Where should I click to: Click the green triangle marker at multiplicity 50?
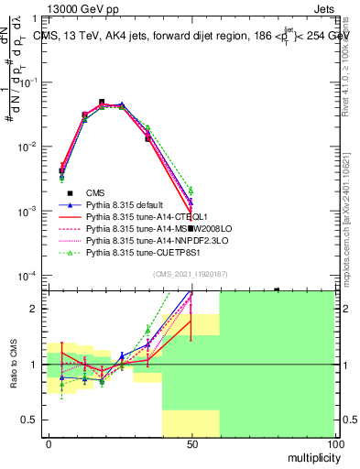pos(191,191)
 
